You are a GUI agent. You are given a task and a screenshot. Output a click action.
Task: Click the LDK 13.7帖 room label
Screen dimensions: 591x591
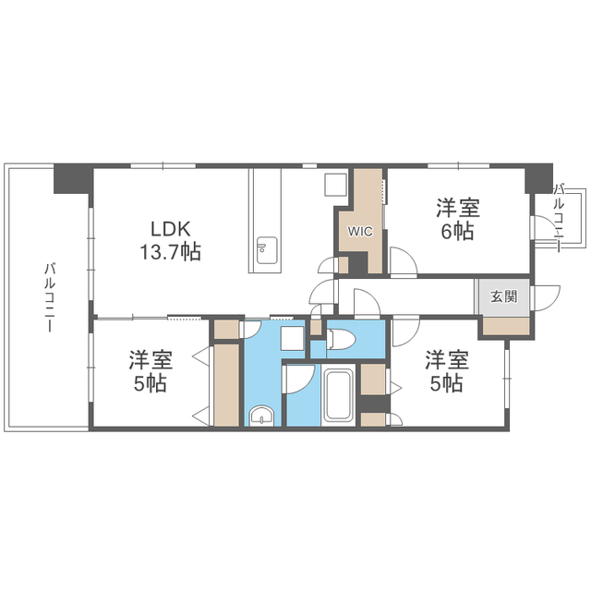click(x=170, y=240)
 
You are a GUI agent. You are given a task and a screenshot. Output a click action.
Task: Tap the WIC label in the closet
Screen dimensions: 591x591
click(x=360, y=231)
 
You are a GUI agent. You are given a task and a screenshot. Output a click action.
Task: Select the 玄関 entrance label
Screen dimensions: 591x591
click(x=503, y=296)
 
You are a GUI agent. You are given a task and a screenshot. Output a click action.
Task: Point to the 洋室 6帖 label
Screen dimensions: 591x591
click(x=458, y=220)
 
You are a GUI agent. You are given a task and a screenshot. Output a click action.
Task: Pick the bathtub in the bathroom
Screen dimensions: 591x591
click(x=339, y=395)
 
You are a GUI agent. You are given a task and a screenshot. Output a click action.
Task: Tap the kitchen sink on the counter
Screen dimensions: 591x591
click(x=267, y=250)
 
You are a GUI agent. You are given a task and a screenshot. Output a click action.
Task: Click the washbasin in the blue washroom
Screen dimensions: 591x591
click(x=262, y=416)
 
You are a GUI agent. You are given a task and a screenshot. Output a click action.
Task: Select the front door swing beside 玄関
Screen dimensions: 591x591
click(x=545, y=298)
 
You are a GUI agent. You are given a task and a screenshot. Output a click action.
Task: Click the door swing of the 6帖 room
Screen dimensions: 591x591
click(x=404, y=261)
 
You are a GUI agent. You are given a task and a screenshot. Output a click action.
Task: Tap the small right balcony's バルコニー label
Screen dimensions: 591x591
click(x=560, y=216)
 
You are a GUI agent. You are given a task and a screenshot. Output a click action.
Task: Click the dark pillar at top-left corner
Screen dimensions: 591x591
click(x=73, y=178)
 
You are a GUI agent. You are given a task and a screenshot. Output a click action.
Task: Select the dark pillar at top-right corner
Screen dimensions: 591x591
click(x=539, y=178)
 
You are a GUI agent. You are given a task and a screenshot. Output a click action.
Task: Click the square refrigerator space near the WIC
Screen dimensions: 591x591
click(x=335, y=185)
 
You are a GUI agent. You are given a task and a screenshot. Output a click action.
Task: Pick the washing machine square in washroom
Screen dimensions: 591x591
click(x=293, y=338)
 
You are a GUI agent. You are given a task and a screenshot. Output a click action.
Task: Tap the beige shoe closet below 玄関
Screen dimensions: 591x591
click(x=506, y=326)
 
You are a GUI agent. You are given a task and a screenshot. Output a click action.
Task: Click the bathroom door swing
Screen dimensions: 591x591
click(x=300, y=379)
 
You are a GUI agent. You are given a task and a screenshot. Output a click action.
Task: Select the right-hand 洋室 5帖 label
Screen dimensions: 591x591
click(x=447, y=371)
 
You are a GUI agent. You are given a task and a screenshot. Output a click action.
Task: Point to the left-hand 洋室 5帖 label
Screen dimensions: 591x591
click(x=151, y=371)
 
